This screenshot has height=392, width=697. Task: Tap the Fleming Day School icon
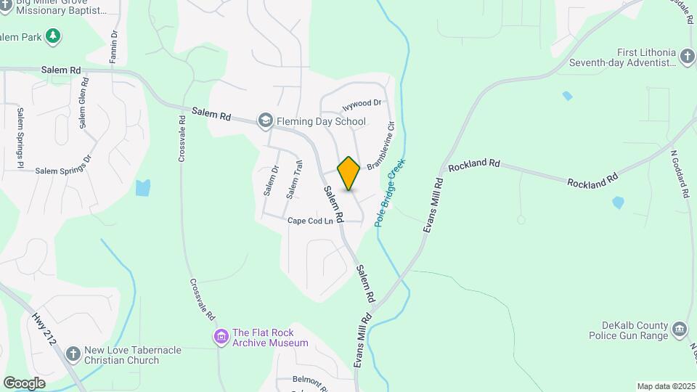266,121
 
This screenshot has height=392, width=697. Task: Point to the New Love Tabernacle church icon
73,354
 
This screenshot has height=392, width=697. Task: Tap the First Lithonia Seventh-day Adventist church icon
687,57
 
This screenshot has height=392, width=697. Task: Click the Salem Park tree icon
52,36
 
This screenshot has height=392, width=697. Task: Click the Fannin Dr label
113,48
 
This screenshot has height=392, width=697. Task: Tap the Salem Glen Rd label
84,102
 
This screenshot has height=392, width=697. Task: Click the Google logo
24,383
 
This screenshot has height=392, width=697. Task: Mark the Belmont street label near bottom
312,380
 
